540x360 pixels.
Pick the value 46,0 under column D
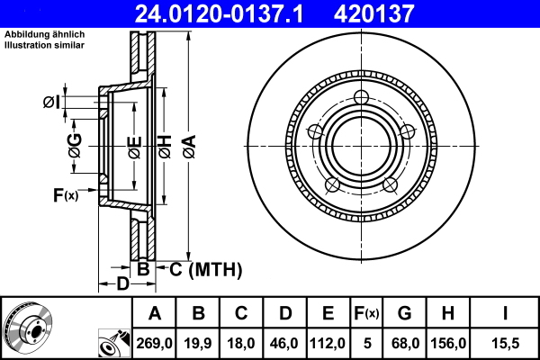[x=285, y=342]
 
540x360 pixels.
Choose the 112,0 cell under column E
[x=328, y=342]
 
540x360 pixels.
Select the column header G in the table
[x=404, y=313]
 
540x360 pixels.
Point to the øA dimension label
[x=188, y=144]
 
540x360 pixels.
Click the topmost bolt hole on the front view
[x=361, y=98]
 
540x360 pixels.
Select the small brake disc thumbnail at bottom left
[x=35, y=328]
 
